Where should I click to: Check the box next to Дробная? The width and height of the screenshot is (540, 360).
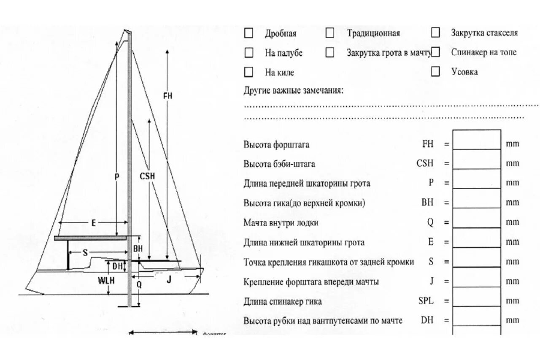tap(249, 33)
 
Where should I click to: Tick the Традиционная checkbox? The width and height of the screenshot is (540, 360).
tap(330, 33)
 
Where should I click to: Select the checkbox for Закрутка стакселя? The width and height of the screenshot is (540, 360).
tap(435, 32)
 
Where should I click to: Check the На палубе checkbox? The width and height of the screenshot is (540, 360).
tap(249, 53)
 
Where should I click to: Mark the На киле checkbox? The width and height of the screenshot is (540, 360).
tap(249, 72)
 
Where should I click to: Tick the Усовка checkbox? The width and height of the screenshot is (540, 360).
tap(435, 71)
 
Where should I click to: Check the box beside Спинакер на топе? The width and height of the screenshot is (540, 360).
tap(435, 52)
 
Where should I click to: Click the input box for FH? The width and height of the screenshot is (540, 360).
tap(477, 144)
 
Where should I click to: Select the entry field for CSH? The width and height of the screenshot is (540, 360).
tap(477, 163)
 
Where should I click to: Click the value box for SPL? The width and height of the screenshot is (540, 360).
tap(477, 301)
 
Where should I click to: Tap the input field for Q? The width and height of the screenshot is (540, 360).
tap(477, 222)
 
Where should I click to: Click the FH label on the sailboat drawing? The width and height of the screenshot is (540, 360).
tap(167, 96)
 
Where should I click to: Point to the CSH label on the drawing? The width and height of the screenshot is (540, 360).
tap(147, 176)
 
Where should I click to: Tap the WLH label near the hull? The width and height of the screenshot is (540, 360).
tap(106, 280)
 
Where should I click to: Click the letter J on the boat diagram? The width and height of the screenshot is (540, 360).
tap(169, 279)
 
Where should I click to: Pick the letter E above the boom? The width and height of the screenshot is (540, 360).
tap(94, 224)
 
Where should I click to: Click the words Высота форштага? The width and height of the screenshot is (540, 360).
tap(276, 145)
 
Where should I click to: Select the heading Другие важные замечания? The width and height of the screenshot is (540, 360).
tap(294, 90)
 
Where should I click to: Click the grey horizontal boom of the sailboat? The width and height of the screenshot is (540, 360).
tap(90, 238)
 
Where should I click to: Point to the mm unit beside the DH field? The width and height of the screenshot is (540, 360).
tap(513, 320)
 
